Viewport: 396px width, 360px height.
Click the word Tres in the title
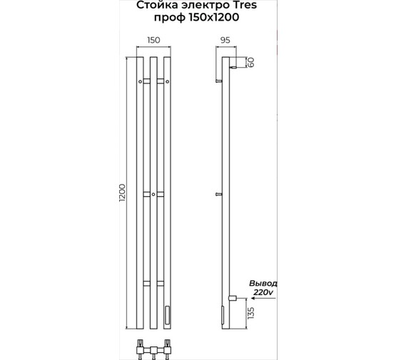[x=244, y=5]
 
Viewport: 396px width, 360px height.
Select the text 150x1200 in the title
[x=214, y=17]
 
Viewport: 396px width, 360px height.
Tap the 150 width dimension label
[x=153, y=40]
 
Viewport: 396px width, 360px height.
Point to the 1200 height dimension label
[x=122, y=194]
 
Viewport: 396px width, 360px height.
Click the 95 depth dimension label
[x=225, y=40]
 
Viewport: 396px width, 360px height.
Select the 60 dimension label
[x=250, y=62]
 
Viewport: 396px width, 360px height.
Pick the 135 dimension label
[x=250, y=313]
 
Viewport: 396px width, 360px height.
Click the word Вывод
[x=263, y=283]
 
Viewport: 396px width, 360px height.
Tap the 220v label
[x=263, y=292]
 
